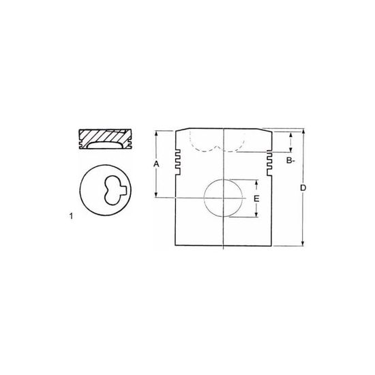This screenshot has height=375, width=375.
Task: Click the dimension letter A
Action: pos(156,164)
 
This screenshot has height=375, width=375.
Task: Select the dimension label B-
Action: pos(290,160)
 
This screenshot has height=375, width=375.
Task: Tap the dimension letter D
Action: pos(303,188)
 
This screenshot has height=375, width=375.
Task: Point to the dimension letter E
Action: pos(256,198)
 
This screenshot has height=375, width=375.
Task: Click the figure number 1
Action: pos(71,216)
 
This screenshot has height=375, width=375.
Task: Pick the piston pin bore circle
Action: pos(204,198)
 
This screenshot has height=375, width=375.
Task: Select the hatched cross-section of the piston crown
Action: pos(105,136)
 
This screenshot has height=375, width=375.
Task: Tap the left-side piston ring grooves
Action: pos(178,162)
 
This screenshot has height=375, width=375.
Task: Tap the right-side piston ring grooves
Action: pos(269,162)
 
